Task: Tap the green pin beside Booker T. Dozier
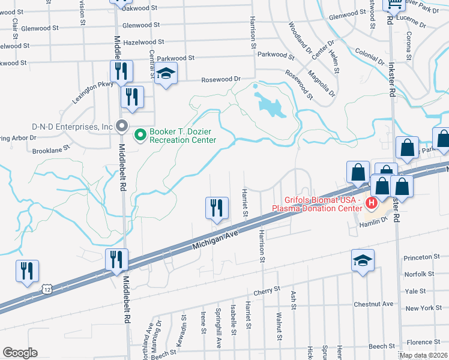(140, 135)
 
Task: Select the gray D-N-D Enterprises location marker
(122, 127)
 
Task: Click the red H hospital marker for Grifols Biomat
(372, 204)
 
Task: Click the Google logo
(20, 353)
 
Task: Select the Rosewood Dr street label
(220, 79)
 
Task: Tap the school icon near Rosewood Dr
(165, 75)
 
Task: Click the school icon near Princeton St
(363, 260)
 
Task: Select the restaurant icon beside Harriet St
(217, 208)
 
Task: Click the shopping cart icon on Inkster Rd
(395, 5)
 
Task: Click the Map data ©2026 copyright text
(423, 355)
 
